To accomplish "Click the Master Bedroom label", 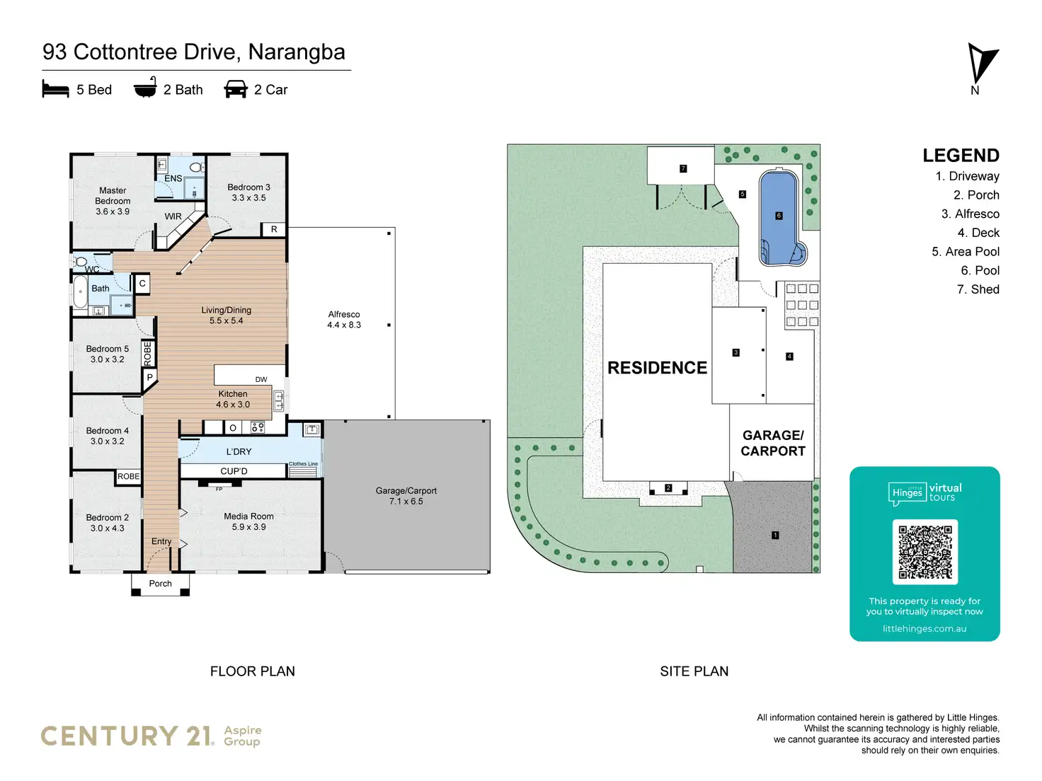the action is (x=113, y=201).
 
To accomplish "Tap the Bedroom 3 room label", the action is (x=248, y=192).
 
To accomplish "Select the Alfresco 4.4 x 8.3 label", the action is (x=344, y=320).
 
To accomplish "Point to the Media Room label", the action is (x=248, y=521).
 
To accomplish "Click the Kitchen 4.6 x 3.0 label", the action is (x=233, y=399).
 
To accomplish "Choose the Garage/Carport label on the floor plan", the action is (x=406, y=496).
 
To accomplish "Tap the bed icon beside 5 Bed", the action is (x=55, y=89).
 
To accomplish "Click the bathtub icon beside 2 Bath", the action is (x=145, y=88).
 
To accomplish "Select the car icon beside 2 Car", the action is (x=236, y=89).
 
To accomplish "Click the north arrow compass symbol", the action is (x=980, y=64).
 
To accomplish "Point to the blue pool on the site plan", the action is (x=779, y=216).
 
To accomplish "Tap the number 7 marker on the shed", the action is (x=683, y=168).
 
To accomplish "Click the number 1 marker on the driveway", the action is (x=775, y=536).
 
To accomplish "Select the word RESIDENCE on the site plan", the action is (x=657, y=368).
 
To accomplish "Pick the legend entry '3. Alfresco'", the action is (x=970, y=214).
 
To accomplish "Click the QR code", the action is (x=924, y=552).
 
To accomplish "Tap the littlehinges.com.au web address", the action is (x=924, y=628).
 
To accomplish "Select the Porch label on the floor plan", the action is (x=161, y=584).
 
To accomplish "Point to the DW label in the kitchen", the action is (x=261, y=379).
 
